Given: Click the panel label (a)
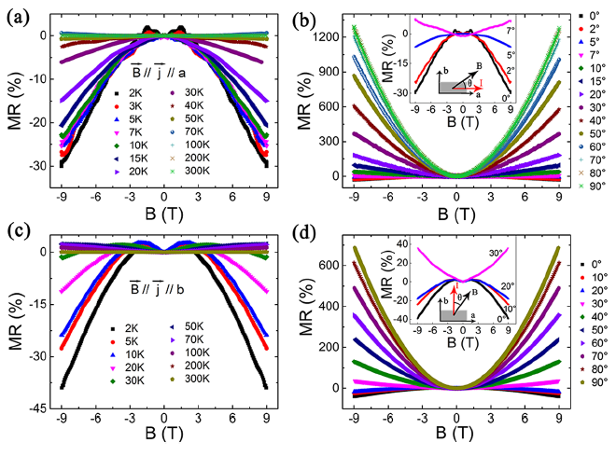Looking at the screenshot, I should [15, 12].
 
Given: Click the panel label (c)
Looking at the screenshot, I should [15, 235].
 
